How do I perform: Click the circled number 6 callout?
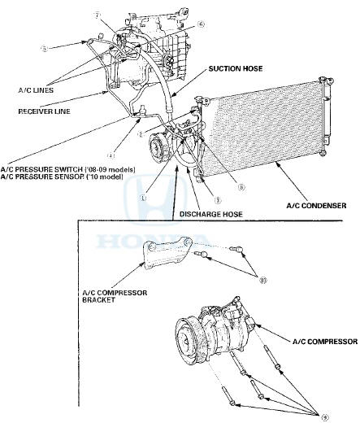pos(201,25)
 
